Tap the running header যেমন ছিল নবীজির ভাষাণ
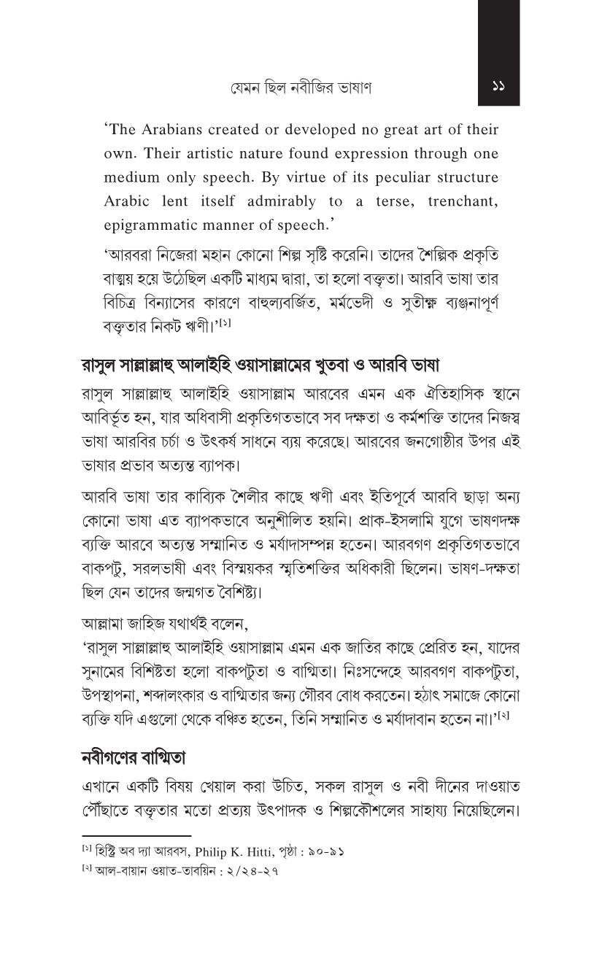click(x=301, y=88)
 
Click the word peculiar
click(x=393, y=177)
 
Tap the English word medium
click(x=131, y=177)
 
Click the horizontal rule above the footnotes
click(x=136, y=836)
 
